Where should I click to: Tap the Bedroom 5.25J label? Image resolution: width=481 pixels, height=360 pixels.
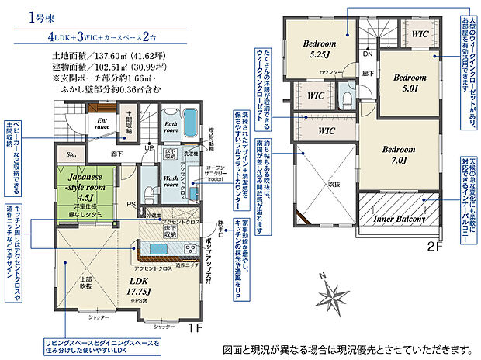[319, 48]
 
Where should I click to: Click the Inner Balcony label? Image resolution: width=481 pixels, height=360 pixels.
[397, 220]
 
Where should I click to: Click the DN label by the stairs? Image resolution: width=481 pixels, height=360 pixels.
[368, 54]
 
